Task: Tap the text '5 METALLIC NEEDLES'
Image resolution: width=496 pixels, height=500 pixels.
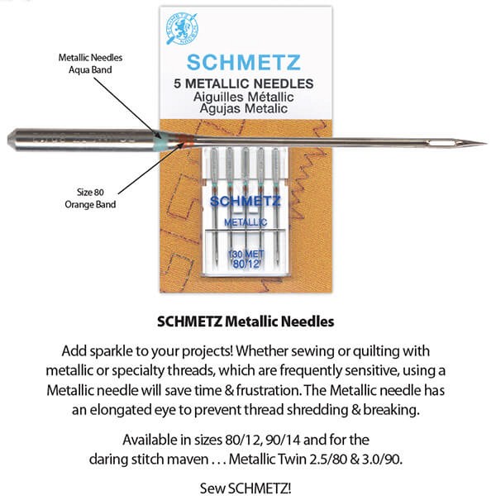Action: pos(247,83)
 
